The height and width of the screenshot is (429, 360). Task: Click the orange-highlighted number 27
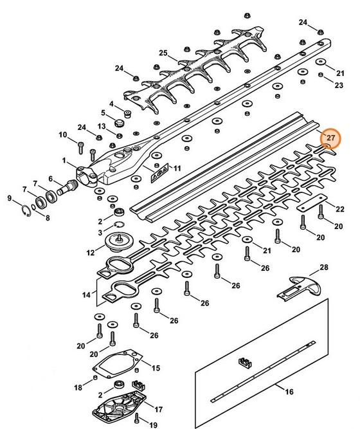[x=331, y=138]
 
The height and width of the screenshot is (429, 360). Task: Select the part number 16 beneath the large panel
[x=289, y=392]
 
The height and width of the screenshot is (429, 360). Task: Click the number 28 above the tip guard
[x=323, y=267]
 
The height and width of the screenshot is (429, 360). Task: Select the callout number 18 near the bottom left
[x=78, y=387]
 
